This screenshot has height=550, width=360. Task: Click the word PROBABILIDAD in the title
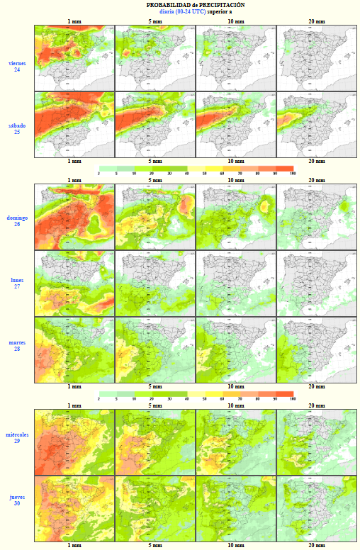click(x=164, y=5)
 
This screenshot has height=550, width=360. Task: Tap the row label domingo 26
click(x=17, y=220)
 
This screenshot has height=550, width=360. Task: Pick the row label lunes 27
click(x=17, y=283)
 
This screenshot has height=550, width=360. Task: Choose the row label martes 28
click(x=17, y=346)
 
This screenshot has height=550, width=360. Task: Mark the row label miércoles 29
click(x=17, y=437)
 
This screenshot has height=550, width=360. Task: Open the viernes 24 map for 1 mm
click(x=74, y=58)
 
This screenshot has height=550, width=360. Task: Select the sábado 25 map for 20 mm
click(x=317, y=125)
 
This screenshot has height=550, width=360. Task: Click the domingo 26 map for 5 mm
click(x=155, y=217)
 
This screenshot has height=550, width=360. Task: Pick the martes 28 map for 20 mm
click(x=317, y=350)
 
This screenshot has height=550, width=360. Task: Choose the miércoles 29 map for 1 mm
click(x=74, y=442)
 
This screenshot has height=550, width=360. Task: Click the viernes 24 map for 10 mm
click(x=236, y=58)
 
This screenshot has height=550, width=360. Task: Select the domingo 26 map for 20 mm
click(x=317, y=217)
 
